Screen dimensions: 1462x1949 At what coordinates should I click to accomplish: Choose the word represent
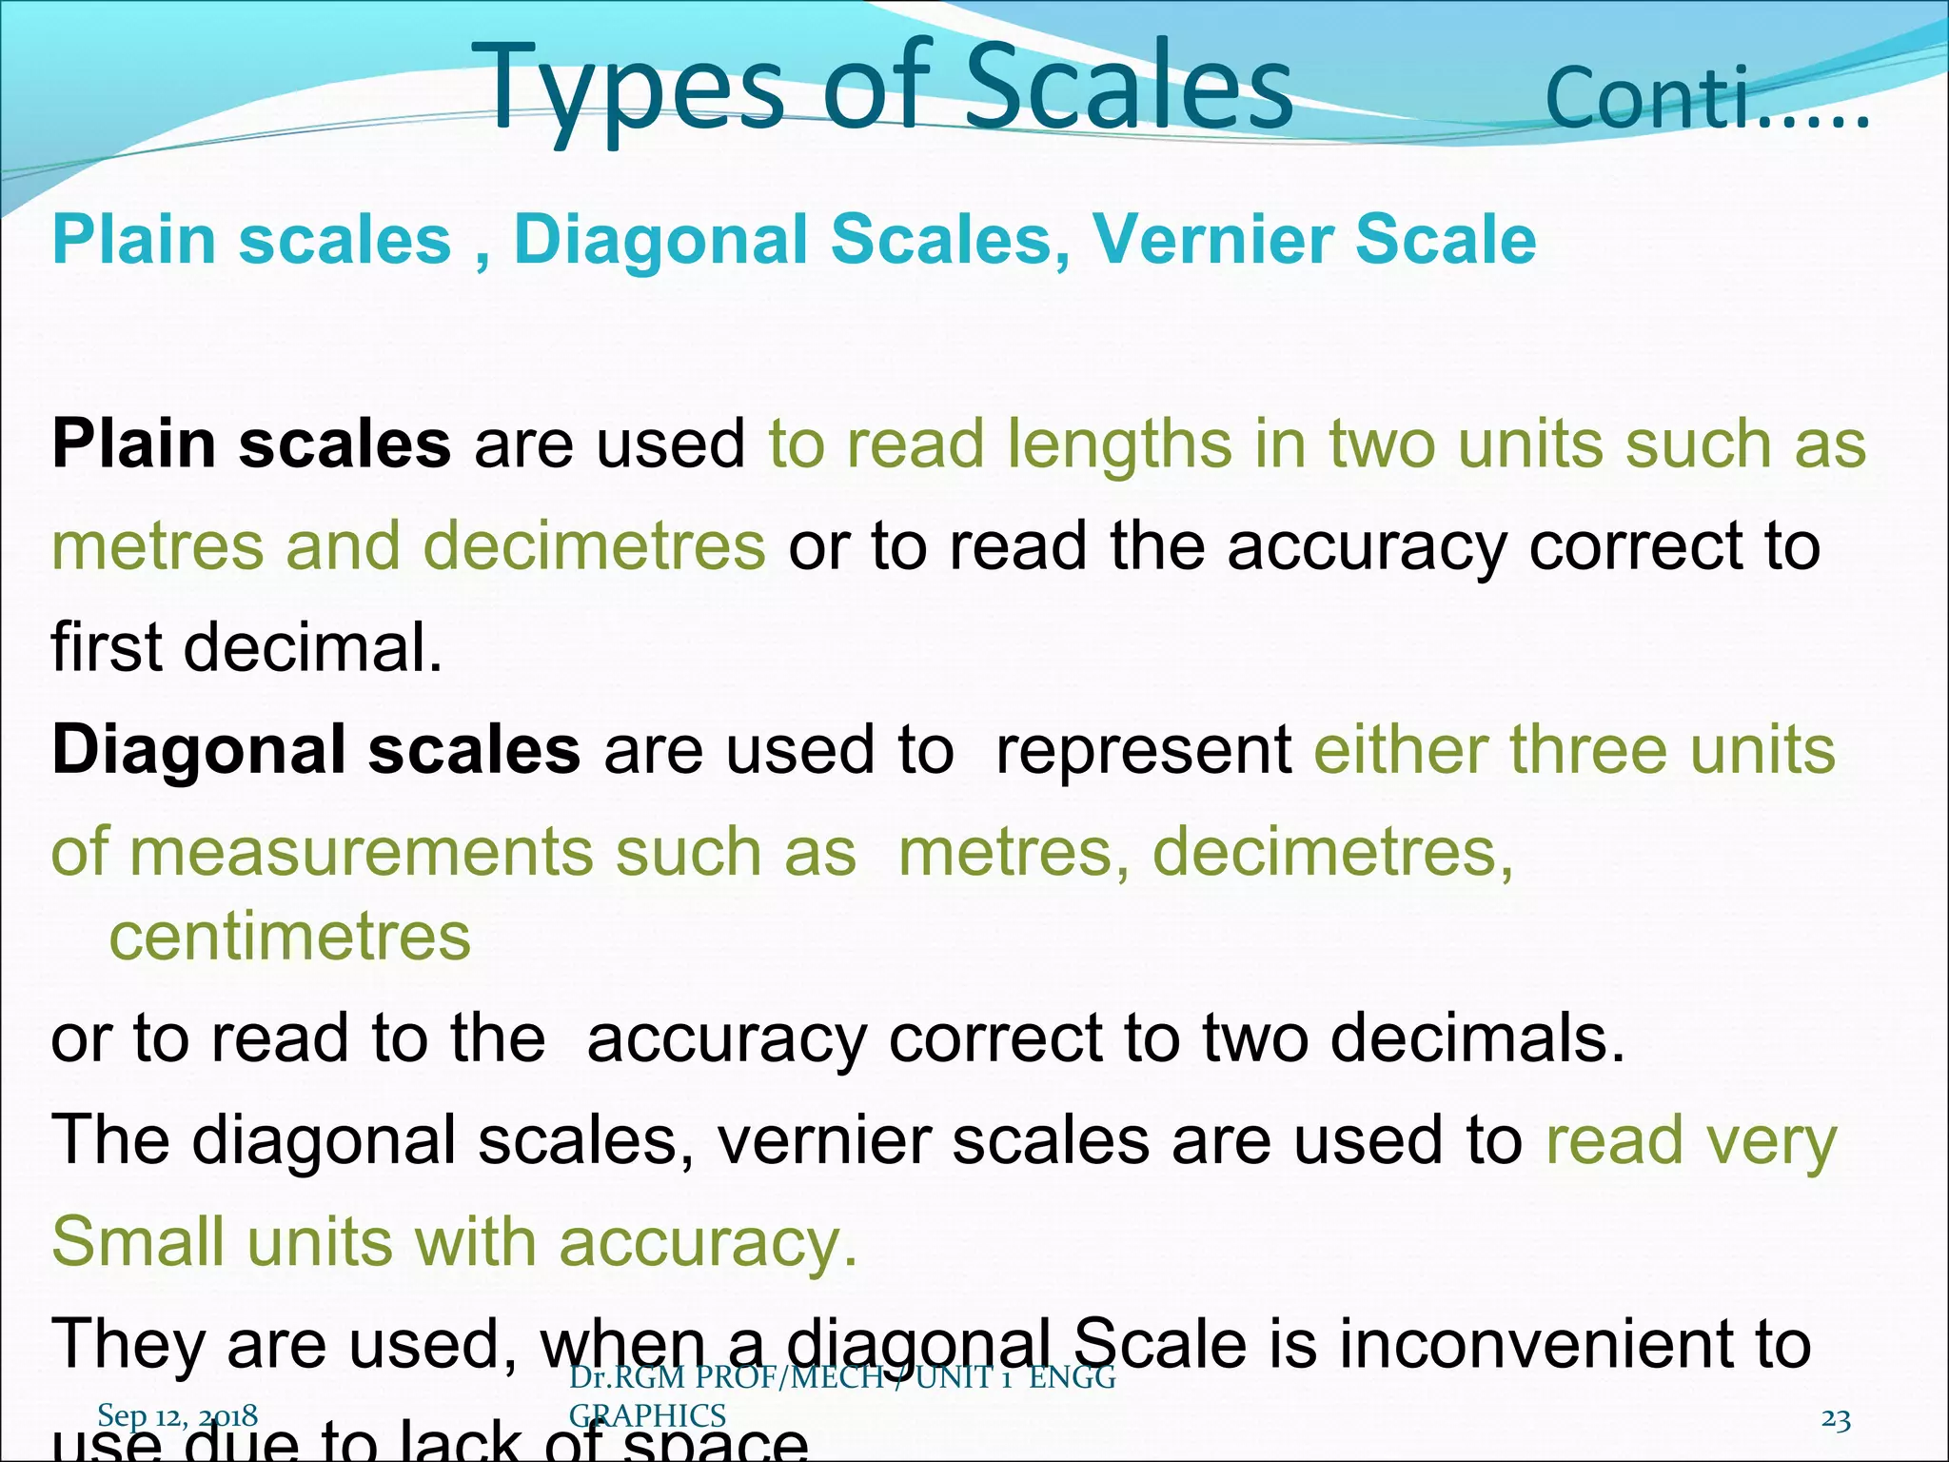(x=1143, y=750)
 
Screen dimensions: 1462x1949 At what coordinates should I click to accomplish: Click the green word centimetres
(x=290, y=937)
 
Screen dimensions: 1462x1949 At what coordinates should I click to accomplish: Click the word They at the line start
(x=128, y=1345)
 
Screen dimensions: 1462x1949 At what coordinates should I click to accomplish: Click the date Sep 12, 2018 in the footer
(x=177, y=1415)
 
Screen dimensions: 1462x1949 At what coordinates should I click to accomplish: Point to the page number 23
(x=1836, y=1419)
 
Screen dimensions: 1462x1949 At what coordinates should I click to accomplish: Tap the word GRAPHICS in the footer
(x=647, y=1415)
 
